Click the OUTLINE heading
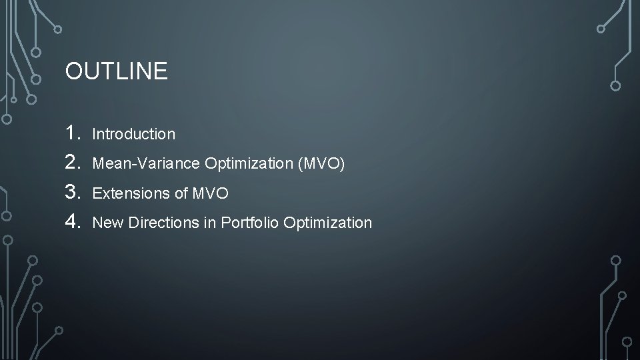pyautogui.click(x=117, y=71)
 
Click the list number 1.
pyautogui.click(x=73, y=133)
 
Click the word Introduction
pyautogui.click(x=134, y=134)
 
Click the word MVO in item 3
pyautogui.click(x=210, y=194)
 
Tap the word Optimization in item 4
pyautogui.click(x=327, y=223)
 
